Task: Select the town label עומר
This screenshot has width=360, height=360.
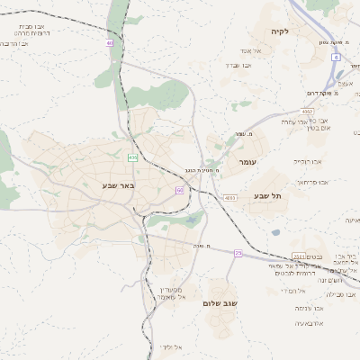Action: [x=247, y=161]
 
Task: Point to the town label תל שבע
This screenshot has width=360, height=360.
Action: [x=270, y=197]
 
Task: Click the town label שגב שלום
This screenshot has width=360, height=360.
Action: [x=220, y=304]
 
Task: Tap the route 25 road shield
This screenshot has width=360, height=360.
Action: [x=238, y=254]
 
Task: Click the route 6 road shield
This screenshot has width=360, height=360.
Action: [x=335, y=57]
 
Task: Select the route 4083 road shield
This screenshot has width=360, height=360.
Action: [x=229, y=197]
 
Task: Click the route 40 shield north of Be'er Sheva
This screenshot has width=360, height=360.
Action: [x=109, y=42]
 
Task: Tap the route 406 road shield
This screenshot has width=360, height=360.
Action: [x=132, y=157]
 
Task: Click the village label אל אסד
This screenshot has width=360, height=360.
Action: [x=251, y=51]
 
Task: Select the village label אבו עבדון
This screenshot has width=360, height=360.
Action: [x=242, y=66]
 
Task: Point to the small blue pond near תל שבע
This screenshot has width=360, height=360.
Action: [x=275, y=232]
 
